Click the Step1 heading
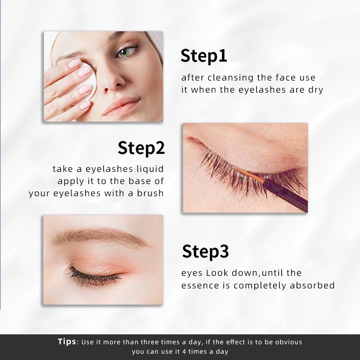203,56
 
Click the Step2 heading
141,148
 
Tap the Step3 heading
205,252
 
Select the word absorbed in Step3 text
315,285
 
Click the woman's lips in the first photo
123,107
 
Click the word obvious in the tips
288,342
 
